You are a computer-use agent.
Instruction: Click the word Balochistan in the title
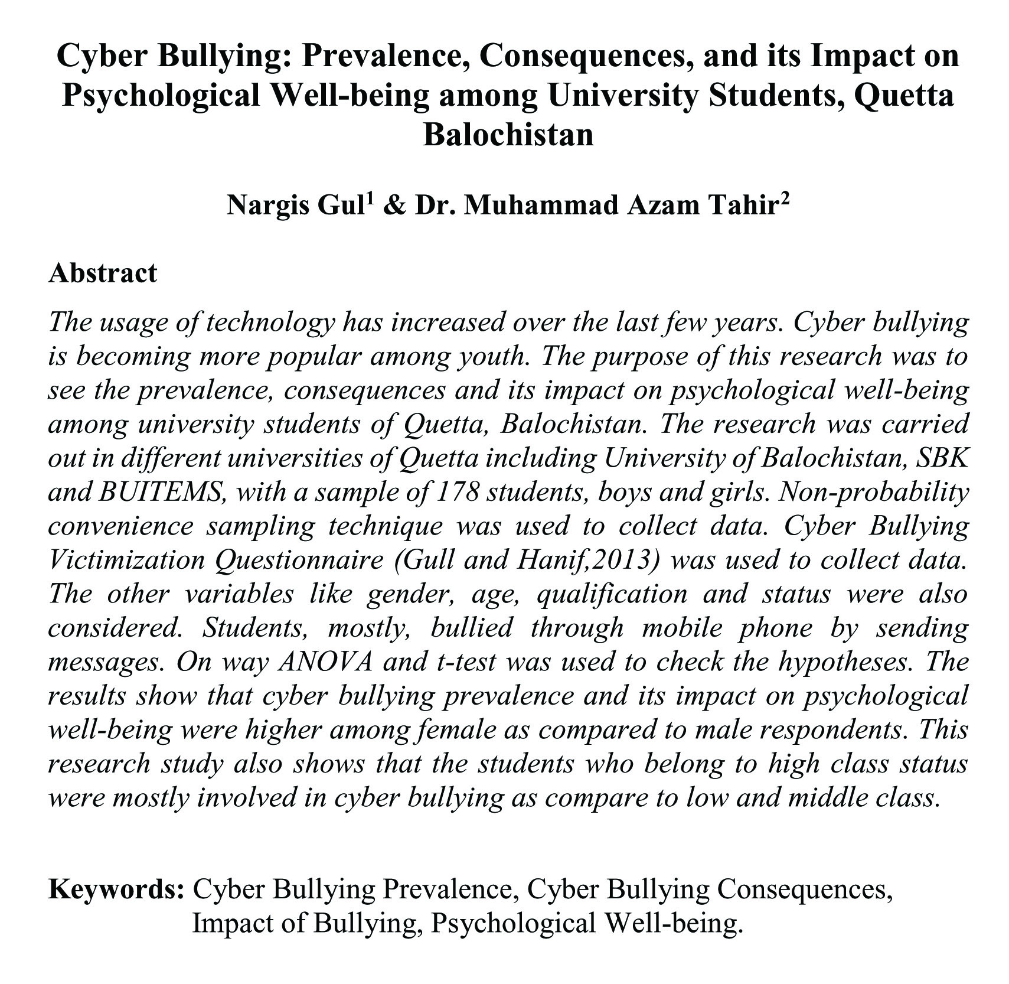[x=508, y=134]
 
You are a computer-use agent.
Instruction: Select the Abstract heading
[x=103, y=273]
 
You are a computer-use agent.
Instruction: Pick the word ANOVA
[x=325, y=661]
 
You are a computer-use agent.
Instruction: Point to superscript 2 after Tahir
[x=785, y=198]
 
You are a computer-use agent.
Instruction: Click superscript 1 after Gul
[x=370, y=198]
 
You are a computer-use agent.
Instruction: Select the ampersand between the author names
[x=393, y=206]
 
